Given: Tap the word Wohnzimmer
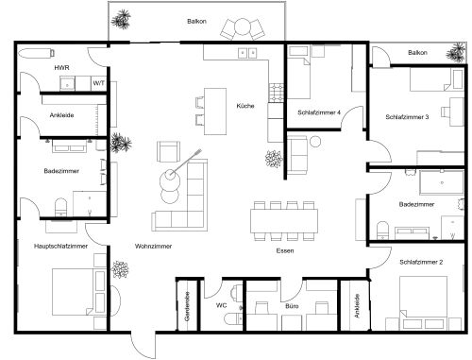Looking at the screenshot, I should (153, 246).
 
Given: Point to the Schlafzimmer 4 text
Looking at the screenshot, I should (318, 112).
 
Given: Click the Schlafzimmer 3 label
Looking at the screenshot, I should (408, 117).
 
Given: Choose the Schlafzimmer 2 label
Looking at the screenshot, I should (421, 260).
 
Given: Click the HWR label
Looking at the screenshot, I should (60, 69).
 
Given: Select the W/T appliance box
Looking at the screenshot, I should (97, 83).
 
